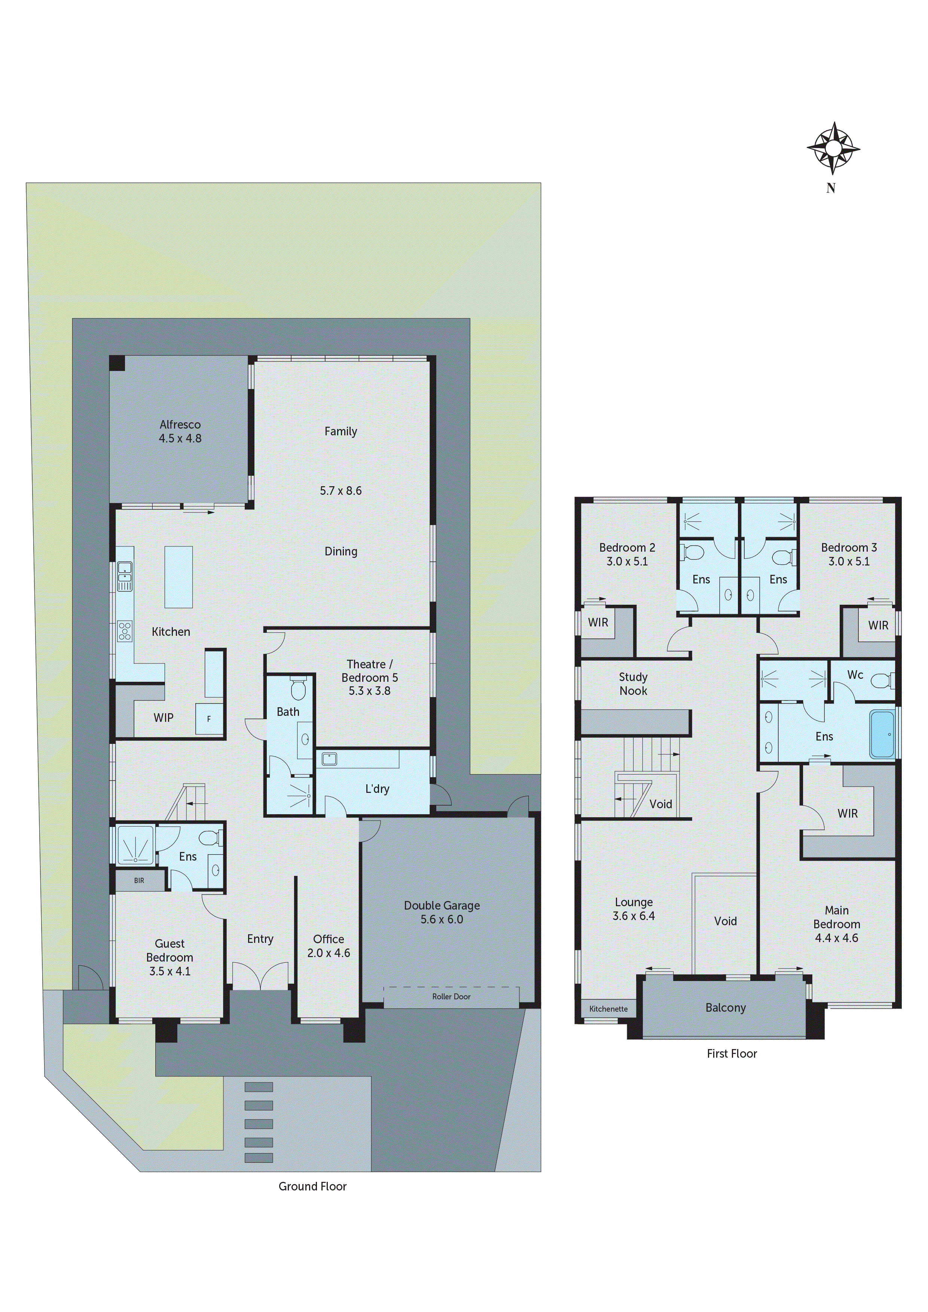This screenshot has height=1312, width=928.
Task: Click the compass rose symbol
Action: pos(833,148)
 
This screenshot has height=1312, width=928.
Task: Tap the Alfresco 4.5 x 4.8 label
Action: pos(180,432)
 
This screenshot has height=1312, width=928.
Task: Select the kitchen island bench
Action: pos(178,577)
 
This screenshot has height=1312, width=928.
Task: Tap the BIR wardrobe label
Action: pos(139,880)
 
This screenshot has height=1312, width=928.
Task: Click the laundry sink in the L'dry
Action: pos(329,759)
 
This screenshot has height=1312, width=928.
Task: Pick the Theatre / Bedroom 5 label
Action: pos(369,677)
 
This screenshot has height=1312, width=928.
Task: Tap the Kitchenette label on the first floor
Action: pos(608,1009)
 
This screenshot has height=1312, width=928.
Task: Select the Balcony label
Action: pos(725,1008)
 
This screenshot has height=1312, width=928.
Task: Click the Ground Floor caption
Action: pos(312,1186)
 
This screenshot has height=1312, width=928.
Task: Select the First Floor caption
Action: pos(731,1053)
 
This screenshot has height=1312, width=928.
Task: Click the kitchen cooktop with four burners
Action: pos(124,631)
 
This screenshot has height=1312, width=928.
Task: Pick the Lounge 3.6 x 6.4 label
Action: pos(634,908)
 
